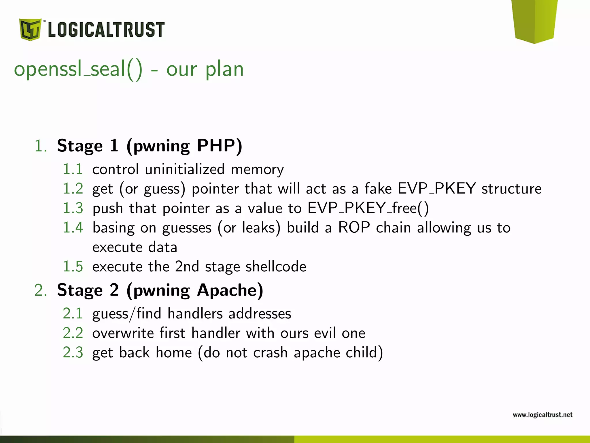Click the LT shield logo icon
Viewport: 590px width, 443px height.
(30, 29)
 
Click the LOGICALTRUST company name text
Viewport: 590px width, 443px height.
(106, 30)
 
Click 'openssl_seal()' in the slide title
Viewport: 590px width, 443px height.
(78, 70)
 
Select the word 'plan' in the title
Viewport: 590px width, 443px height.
(224, 70)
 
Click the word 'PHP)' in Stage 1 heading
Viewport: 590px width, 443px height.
(220, 146)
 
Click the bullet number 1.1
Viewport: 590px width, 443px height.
(73, 169)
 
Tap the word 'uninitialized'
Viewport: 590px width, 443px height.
(185, 169)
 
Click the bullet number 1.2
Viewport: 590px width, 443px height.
(73, 189)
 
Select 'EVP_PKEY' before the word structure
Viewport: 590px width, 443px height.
(436, 189)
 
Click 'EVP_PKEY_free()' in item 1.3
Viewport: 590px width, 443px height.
(368, 208)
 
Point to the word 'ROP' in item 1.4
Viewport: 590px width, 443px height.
(354, 228)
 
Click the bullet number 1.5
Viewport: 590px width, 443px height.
(73, 266)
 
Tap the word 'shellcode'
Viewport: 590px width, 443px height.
(276, 266)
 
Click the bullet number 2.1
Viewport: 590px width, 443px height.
(73, 314)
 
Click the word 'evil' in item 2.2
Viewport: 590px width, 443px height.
(325, 333)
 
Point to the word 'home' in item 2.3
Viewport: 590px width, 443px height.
(174, 353)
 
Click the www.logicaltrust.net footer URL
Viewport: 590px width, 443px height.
(542, 415)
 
